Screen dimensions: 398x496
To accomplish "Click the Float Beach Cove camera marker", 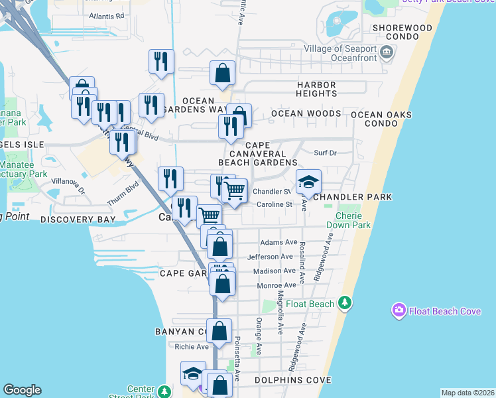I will (x=399, y=310).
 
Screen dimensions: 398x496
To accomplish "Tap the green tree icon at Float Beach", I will (x=344, y=303).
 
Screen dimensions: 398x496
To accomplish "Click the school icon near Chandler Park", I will (x=308, y=182).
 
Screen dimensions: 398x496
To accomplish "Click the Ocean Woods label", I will (x=306, y=113).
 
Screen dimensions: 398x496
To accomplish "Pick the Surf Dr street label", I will (x=325, y=153).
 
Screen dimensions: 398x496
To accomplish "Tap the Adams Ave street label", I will (x=278, y=243).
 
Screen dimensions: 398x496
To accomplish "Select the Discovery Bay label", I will (x=78, y=219).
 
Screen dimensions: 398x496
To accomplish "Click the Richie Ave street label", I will (x=192, y=346).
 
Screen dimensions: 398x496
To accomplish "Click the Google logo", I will (x=22, y=390).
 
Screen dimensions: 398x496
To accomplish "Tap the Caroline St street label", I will (x=275, y=204).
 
